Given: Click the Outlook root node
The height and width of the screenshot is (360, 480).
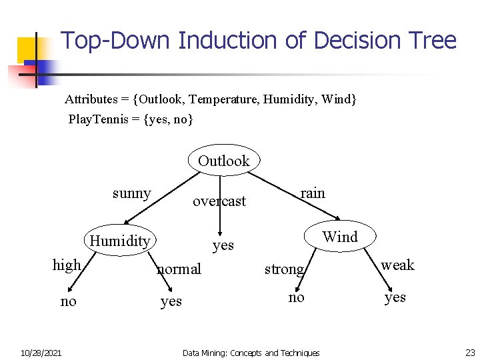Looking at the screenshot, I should [224, 161].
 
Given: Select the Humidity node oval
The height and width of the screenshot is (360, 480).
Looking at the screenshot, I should [120, 241].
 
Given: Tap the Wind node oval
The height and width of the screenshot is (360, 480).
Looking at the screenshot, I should [340, 237].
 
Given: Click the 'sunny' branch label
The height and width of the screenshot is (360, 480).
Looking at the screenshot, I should [131, 193].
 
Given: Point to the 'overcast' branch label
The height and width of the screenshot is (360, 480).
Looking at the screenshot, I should [219, 201].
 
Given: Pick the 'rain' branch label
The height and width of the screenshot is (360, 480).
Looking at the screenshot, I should [312, 193].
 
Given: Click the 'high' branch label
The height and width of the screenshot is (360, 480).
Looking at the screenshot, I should [67, 265].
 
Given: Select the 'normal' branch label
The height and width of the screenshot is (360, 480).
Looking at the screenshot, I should [179, 269].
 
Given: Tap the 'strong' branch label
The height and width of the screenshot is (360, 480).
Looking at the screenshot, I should [284, 269].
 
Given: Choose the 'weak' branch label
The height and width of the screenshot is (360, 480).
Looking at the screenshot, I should [397, 265].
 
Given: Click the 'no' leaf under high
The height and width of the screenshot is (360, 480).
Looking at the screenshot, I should [68, 301].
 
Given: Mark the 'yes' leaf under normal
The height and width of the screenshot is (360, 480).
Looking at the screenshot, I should [171, 301].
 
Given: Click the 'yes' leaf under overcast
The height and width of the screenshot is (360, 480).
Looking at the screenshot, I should [223, 245].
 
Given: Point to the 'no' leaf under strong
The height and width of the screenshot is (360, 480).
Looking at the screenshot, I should [296, 297].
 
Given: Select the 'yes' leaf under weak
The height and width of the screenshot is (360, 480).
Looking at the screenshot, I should [395, 297].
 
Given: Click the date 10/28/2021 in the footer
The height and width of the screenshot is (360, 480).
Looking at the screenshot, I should [41, 353].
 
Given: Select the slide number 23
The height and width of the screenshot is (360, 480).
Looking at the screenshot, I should [470, 353].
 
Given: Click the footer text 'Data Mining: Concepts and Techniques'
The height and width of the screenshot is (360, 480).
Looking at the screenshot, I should [251, 353].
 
